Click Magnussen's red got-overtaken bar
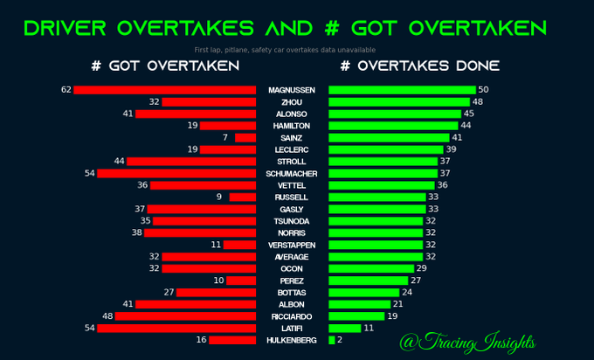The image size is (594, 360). pos(165,90)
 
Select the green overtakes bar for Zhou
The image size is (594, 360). pos(399,102)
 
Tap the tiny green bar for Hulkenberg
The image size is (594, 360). pos(332,340)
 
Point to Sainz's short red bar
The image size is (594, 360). pos(245,137)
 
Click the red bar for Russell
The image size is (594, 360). pos(243,197)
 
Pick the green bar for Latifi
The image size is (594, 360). pos(345,329)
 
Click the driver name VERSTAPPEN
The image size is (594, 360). pos(292,246)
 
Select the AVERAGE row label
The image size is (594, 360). pos(292,257)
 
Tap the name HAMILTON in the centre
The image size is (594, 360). pos(292,126)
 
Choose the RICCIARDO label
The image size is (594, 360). pos(292,316)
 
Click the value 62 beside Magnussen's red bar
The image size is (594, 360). pos(66,90)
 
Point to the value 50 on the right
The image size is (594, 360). pos(483,90)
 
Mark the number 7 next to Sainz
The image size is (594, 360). pos(225,137)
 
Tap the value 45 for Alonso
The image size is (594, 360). pos(469,114)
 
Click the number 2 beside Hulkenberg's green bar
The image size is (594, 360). pos(340,340)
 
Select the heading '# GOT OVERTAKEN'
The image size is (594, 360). pos(166,66)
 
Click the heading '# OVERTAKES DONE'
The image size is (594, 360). pos(420,66)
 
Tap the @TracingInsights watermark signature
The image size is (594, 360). pos(468,342)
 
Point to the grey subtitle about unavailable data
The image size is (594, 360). pos(285,50)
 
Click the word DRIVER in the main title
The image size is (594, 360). pos(66,29)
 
